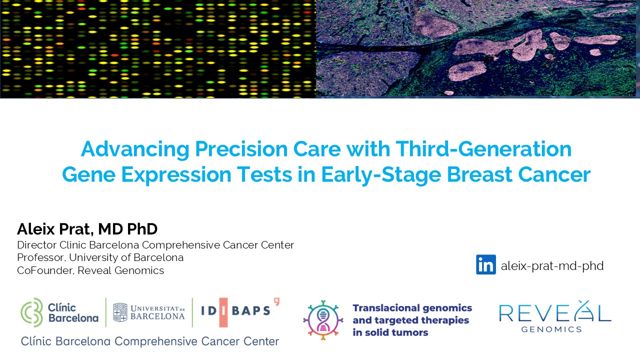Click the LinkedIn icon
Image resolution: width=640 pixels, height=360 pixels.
[485, 264]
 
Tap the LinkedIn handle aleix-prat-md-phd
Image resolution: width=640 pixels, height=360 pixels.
[552, 265]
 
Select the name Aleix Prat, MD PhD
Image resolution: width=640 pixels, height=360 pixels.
[87, 229]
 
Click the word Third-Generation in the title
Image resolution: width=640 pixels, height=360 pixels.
[483, 149]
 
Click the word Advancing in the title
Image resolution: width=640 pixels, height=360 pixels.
[135, 149]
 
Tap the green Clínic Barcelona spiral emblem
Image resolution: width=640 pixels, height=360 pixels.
[31, 312]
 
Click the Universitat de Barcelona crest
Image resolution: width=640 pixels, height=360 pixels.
[120, 312]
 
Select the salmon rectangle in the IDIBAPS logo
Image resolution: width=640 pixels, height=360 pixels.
[223, 312]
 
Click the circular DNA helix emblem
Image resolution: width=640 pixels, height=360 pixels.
[323, 320]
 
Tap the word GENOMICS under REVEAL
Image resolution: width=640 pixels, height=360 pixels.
[551, 329]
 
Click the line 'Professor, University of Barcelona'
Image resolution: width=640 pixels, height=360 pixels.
[100, 257]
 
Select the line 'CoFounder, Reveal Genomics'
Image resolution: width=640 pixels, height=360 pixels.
[90, 270]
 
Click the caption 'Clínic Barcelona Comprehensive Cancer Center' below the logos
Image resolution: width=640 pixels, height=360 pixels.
[149, 341]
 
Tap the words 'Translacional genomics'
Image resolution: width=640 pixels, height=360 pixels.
[412, 308]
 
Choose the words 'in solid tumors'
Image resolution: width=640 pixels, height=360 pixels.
[390, 332]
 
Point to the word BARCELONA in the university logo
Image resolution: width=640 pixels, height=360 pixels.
[157, 316]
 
